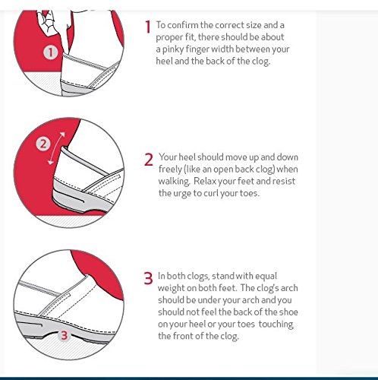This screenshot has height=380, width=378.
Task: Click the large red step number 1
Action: pyautogui.click(x=148, y=27)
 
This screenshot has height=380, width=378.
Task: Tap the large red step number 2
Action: pyautogui.click(x=149, y=160)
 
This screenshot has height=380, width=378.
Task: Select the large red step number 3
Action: pyautogui.click(x=148, y=278)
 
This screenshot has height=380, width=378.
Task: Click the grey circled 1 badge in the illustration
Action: pyautogui.click(x=51, y=52)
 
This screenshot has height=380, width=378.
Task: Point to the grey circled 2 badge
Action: pyautogui.click(x=43, y=144)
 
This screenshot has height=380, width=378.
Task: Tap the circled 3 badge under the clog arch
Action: pyautogui.click(x=65, y=335)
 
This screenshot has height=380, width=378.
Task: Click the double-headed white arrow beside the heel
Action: pyautogui.click(x=57, y=148)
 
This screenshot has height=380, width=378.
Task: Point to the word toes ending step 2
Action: pyautogui.click(x=250, y=193)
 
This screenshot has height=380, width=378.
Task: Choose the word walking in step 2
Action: pyautogui.click(x=174, y=182)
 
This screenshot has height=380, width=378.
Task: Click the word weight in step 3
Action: pyautogui.click(x=171, y=288)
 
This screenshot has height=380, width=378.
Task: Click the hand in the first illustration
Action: pyautogui.click(x=48, y=23)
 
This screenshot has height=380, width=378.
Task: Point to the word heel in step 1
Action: pyautogui.click(x=164, y=62)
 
